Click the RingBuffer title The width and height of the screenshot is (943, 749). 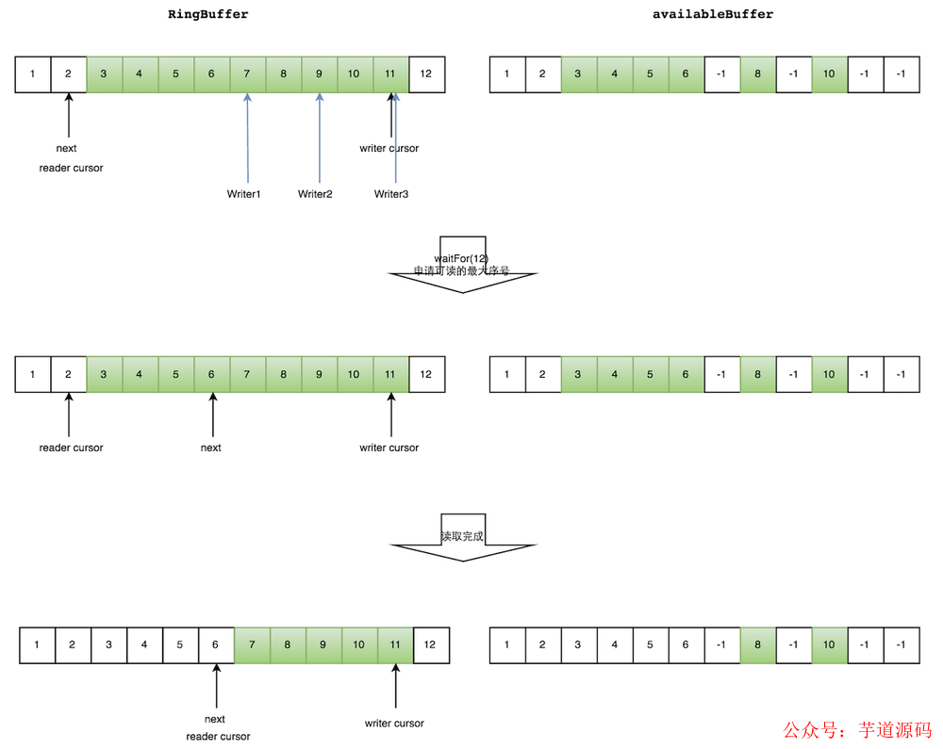[x=208, y=14]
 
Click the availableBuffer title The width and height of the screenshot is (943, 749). [x=713, y=14]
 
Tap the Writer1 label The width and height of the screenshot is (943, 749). [x=243, y=194]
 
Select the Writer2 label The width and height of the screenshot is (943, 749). [x=315, y=194]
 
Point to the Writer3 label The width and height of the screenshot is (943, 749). [x=391, y=194]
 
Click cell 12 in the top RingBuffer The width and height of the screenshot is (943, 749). [x=426, y=74]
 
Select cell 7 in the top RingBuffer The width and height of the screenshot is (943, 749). [x=247, y=74]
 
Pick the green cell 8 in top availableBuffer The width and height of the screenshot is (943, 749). [x=758, y=74]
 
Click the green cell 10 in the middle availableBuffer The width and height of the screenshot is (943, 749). [x=829, y=374]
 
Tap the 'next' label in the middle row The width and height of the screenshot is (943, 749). [x=211, y=448]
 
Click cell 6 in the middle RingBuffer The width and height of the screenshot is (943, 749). [x=211, y=374]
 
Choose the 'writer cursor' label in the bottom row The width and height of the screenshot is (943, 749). [x=394, y=724]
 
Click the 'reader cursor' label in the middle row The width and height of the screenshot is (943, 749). [x=71, y=448]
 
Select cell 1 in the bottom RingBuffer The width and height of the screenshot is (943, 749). [x=37, y=645]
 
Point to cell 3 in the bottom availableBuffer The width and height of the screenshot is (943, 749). [x=579, y=645]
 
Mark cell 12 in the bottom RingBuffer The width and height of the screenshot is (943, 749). [x=430, y=645]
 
